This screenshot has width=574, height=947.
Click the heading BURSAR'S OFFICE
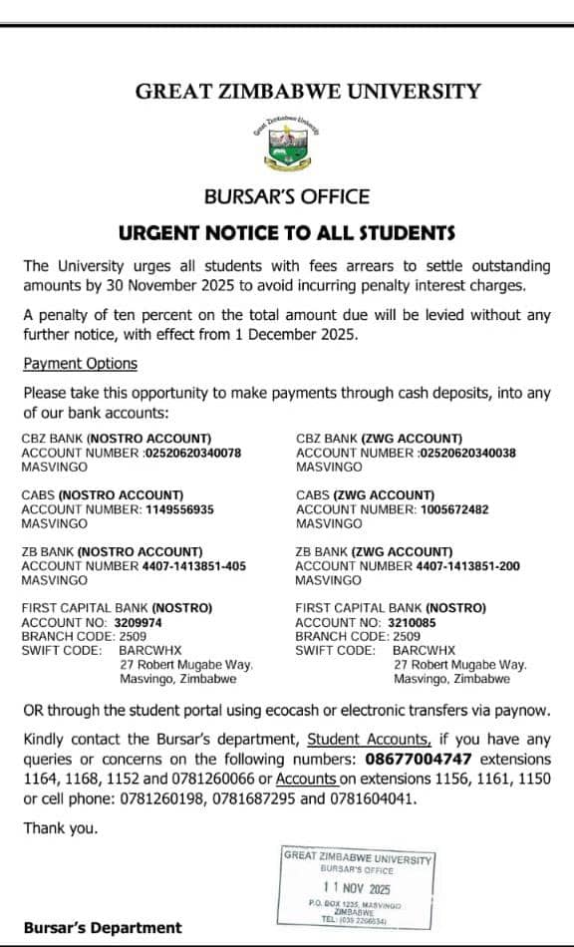(287, 196)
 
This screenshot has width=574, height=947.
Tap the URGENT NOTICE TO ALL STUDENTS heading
(287, 233)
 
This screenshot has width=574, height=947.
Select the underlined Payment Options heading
(81, 364)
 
